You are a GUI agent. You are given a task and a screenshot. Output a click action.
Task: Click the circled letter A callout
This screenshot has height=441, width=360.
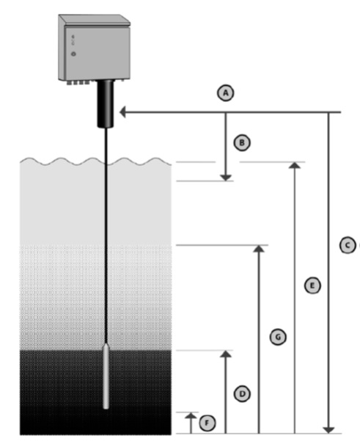226,92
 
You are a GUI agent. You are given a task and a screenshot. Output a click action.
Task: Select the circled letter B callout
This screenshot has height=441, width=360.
242,142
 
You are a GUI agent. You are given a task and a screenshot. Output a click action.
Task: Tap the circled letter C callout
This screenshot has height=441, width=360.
348,245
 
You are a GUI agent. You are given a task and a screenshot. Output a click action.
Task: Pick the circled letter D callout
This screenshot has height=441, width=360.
242,394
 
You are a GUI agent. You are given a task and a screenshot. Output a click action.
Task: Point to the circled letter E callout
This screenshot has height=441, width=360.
312,285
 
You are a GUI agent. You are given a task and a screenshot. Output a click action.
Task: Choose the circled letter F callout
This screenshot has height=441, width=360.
207,423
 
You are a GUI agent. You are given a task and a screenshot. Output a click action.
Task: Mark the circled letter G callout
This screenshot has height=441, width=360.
278,337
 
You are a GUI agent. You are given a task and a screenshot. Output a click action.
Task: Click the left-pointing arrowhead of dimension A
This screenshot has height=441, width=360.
122,112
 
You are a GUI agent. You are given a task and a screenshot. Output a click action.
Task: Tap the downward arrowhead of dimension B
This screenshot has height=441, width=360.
226,178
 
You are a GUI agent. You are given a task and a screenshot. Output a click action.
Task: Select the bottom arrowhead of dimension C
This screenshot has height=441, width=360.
328,430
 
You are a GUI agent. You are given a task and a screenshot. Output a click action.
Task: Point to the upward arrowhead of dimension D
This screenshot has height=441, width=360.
226,354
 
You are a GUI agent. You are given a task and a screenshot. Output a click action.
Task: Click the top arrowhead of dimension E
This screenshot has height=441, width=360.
295,165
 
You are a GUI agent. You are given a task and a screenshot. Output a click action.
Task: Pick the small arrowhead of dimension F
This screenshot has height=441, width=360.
191,416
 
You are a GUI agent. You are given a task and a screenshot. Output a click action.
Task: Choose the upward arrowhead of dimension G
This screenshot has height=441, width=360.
259,249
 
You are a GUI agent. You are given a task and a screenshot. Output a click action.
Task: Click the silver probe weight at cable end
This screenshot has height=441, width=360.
106,376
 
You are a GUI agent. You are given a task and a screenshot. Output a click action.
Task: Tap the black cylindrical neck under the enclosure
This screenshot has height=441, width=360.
106,103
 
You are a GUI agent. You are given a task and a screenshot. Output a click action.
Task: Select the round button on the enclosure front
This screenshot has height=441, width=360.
73,54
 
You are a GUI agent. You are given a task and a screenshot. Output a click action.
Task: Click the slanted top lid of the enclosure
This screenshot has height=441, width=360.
95,20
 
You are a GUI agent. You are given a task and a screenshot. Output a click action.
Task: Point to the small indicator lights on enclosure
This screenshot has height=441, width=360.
73,40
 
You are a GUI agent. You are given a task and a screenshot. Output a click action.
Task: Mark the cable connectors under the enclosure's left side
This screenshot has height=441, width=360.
78,82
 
